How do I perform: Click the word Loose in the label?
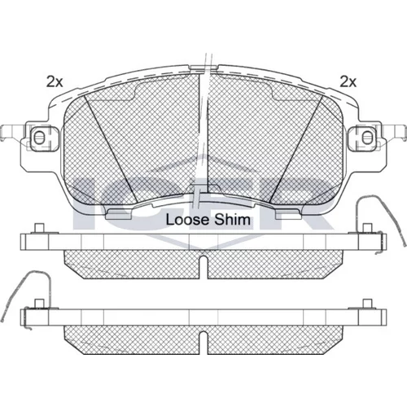click(x=188, y=220)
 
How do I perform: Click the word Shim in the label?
click(x=232, y=220)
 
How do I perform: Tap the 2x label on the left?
click(x=55, y=81)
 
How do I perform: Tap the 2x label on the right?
click(x=348, y=81)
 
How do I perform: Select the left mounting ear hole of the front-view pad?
click(x=39, y=138)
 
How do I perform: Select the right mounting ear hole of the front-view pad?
click(x=367, y=138)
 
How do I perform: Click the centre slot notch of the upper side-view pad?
click(x=203, y=267)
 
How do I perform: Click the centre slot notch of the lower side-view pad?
click(x=203, y=343)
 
